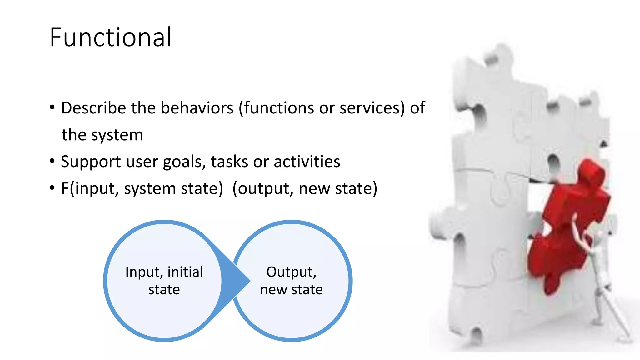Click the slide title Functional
pos(111,37)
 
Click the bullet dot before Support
pos(52,161)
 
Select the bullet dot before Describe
pos(52,107)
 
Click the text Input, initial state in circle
pos(164,281)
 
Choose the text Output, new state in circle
pos(291,281)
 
